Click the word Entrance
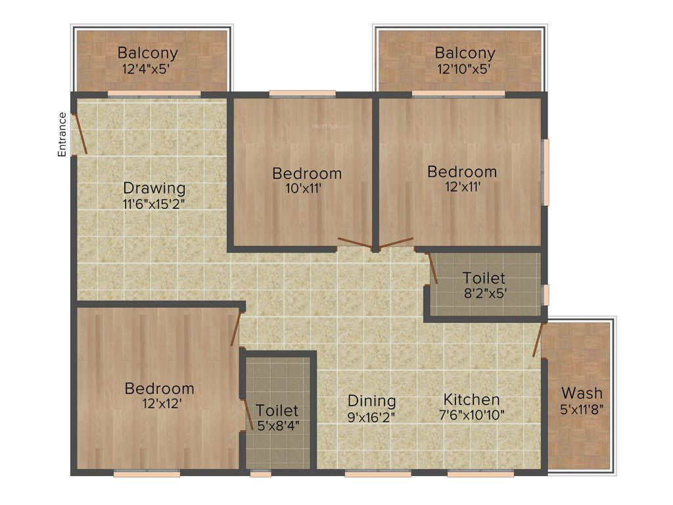(x=62, y=134)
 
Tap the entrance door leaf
(x=80, y=134)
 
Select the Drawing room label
(x=154, y=188)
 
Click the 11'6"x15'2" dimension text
(x=154, y=203)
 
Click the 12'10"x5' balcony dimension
(x=464, y=68)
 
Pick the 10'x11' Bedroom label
(x=307, y=174)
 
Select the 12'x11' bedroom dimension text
(x=462, y=187)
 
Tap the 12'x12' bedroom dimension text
(x=159, y=403)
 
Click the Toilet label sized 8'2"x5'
(x=484, y=277)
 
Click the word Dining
(x=371, y=400)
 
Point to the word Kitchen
(x=471, y=399)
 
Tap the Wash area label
(x=582, y=393)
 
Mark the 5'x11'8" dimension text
(x=582, y=408)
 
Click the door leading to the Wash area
(x=538, y=339)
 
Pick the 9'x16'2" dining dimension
(x=371, y=416)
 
